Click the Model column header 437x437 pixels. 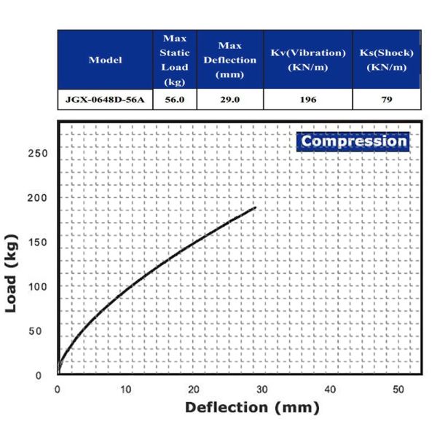tap(105, 60)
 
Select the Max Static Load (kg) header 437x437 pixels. tap(175, 60)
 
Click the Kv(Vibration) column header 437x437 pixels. tap(307, 60)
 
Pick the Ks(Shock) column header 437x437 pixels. tap(387, 60)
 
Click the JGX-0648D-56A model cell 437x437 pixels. tap(105, 100)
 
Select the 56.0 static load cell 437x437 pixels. tap(175, 100)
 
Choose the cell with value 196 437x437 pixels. tap(307, 100)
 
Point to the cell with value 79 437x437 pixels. tap(387, 100)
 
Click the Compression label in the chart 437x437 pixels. tap(354, 141)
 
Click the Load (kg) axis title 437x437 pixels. tap(12, 272)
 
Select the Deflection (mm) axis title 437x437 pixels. tap(252, 407)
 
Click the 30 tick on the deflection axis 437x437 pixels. tap(262, 389)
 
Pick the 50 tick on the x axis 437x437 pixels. tap(398, 389)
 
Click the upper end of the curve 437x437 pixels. tap(256, 208)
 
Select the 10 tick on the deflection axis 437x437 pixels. tap(126, 389)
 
